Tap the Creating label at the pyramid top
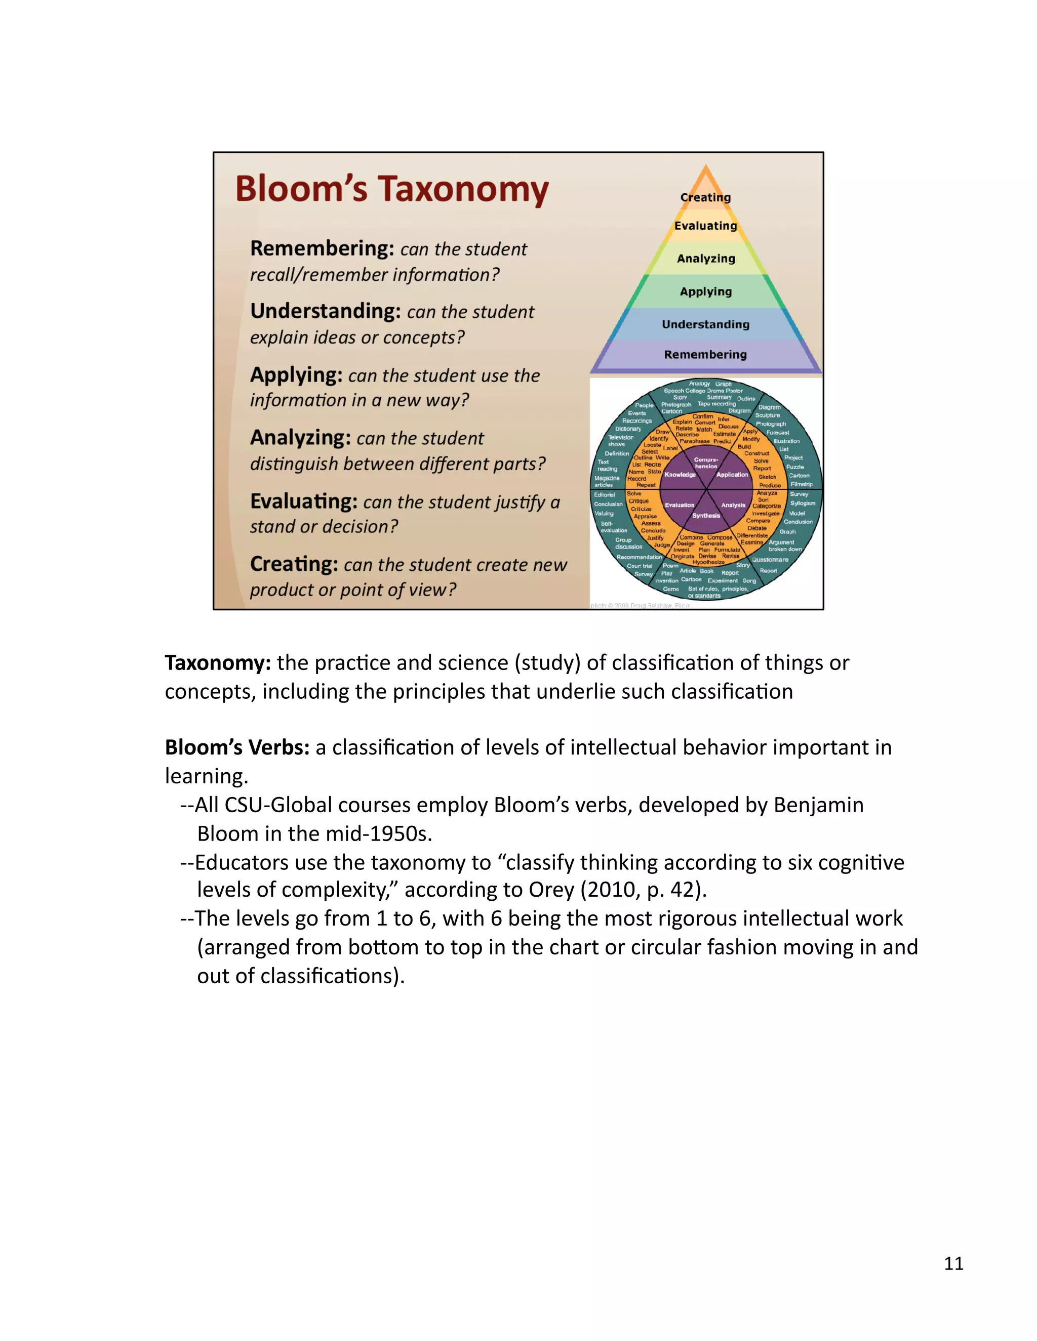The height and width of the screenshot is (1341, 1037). point(705,197)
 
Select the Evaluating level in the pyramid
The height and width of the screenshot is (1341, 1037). point(705,226)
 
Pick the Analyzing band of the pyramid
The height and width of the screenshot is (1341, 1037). point(706,259)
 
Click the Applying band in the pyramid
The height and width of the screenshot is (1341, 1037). point(705,291)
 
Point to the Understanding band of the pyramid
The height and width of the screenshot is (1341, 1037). point(705,324)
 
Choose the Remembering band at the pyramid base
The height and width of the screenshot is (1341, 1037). point(705,354)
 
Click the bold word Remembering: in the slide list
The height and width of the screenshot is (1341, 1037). point(322,248)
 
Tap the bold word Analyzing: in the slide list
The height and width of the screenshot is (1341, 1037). point(300,438)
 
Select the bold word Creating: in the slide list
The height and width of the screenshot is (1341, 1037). point(294,564)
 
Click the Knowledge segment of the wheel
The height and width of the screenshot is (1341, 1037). point(680,475)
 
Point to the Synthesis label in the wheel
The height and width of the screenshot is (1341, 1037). point(706,516)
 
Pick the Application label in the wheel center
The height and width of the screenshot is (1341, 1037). point(732,475)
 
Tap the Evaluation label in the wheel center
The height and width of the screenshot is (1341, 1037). point(680,506)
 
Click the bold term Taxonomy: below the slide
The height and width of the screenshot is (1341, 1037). point(217,663)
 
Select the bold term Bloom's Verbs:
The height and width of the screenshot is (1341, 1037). point(237,748)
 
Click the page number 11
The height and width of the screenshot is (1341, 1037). point(953,1263)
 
